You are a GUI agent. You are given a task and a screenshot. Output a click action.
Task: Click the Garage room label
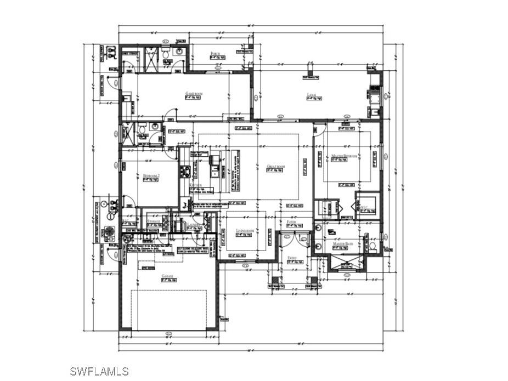167,276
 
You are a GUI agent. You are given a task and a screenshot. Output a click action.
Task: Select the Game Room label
194,94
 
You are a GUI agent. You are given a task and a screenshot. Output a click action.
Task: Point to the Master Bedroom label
345,156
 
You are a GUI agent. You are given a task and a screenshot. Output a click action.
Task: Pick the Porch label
216,54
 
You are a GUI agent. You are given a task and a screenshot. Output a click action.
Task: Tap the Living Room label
245,231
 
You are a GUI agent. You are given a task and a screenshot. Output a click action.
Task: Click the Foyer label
292,222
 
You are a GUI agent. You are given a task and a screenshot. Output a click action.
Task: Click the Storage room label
154,221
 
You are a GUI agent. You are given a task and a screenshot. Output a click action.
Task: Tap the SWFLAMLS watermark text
99,371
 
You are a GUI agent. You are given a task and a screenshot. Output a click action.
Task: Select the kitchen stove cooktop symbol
186,172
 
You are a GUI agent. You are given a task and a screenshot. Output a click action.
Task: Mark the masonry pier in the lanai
311,72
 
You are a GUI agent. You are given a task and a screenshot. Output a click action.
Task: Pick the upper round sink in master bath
319,226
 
